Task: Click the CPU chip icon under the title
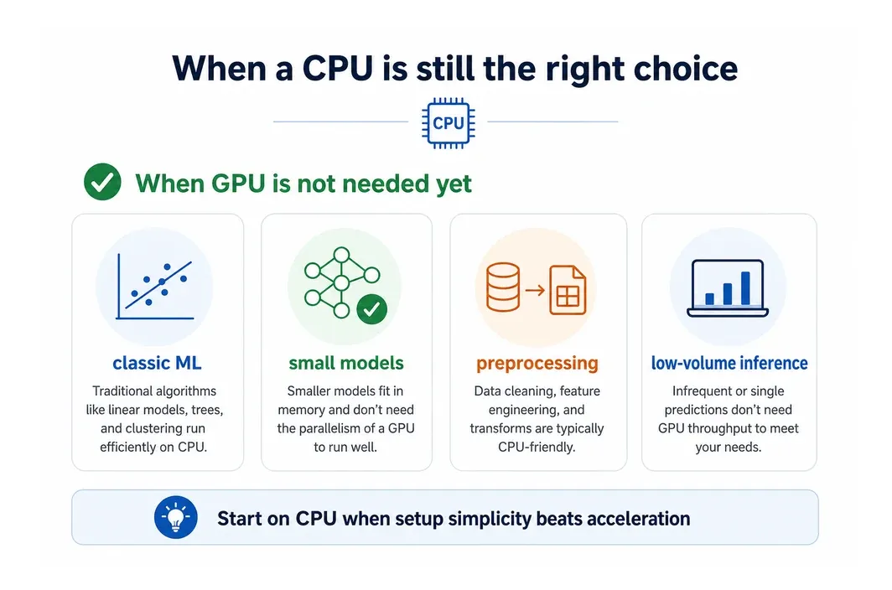coord(449,123)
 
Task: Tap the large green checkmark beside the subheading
coord(102,182)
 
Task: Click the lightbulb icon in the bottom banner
coord(176,517)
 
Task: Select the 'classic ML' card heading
coord(157,363)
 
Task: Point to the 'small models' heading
coord(346,363)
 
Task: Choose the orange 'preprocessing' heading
coord(537,364)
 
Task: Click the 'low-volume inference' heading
coord(729,363)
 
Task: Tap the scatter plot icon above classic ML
coord(155,286)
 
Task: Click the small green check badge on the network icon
coord(372,309)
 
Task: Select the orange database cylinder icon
coord(503,287)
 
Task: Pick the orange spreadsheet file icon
coord(568,290)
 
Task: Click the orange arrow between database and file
coord(535,290)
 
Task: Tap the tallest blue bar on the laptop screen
coord(745,288)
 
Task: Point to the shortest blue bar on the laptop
coord(709,299)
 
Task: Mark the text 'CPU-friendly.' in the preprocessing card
coord(537,448)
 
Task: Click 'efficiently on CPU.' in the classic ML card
coord(153,448)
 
